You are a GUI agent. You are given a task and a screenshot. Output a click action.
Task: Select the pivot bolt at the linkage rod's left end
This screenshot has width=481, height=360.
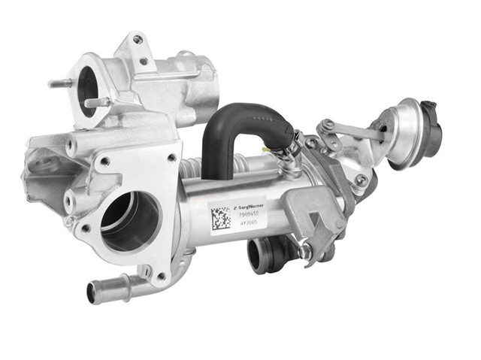328,127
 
